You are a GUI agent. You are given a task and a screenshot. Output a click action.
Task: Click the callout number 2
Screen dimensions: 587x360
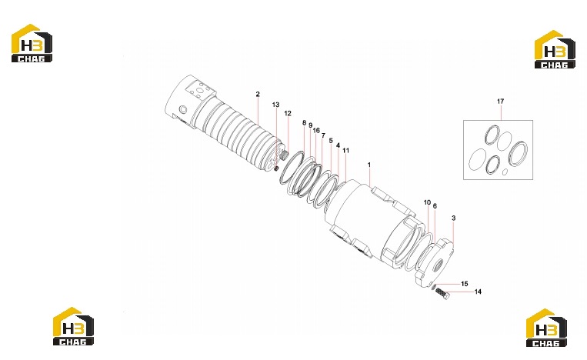click(x=258, y=95)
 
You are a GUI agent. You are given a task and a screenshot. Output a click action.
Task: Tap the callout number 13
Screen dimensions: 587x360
click(x=275, y=105)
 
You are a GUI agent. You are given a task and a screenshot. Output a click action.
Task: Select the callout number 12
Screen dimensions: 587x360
click(x=288, y=113)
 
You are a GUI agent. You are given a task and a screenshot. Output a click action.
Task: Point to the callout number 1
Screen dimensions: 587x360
click(x=369, y=165)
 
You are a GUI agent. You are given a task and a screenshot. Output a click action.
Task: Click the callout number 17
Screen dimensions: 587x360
click(x=501, y=101)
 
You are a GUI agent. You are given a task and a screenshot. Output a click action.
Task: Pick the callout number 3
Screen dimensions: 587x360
click(x=454, y=218)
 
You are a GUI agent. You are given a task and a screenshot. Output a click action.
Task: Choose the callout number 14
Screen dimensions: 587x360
click(x=478, y=292)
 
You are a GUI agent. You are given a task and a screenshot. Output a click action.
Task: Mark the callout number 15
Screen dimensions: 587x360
click(x=465, y=284)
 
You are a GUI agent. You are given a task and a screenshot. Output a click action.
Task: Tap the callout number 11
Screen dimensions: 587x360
click(x=346, y=151)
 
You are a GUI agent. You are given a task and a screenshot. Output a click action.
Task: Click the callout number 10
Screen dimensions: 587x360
click(x=427, y=202)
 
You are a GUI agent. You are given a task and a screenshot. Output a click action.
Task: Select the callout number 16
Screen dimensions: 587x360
click(x=316, y=130)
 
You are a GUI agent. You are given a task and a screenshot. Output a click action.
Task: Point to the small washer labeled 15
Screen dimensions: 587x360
click(x=434, y=287)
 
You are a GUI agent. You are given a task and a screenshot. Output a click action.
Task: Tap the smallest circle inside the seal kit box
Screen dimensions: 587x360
click(x=505, y=172)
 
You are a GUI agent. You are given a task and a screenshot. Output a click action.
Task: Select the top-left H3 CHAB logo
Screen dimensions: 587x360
click(x=32, y=43)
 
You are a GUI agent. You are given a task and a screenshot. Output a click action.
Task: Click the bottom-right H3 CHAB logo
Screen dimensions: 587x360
click(x=546, y=328)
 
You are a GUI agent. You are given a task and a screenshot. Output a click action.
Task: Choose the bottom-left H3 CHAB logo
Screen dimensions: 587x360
click(x=73, y=326)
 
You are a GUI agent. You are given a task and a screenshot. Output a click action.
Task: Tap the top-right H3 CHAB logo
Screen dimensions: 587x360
click(x=555, y=49)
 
